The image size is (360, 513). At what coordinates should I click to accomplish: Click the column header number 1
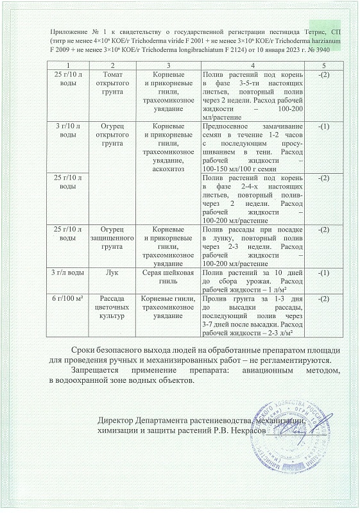63,66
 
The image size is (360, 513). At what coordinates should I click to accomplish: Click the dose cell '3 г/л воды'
63,273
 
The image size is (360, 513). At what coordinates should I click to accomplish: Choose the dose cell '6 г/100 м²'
63,299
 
